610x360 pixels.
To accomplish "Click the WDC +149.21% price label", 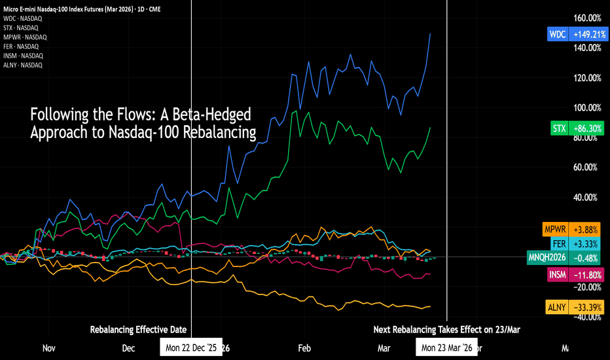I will [x=573, y=33].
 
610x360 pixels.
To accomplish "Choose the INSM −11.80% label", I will [x=574, y=274].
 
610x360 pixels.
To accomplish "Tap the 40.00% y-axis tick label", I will [x=587, y=198].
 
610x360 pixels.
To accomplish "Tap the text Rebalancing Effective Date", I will [x=138, y=329].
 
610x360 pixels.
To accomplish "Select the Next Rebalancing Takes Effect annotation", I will [x=447, y=329].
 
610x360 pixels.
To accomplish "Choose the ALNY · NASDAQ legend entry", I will [x=23, y=65].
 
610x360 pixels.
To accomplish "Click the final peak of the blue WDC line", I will [x=430, y=33].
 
